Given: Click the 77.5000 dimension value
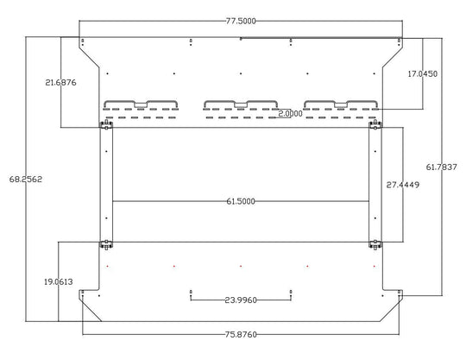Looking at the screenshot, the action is [x=241, y=21].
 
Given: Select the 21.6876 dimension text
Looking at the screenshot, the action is [x=60, y=82].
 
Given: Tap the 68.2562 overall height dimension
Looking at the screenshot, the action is [x=26, y=180].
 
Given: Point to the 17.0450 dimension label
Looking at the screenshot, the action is [x=422, y=73].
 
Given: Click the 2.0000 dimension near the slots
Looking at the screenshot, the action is [x=290, y=114].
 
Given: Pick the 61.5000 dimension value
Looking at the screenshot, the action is [x=241, y=201].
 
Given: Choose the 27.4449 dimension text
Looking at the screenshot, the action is [x=403, y=185].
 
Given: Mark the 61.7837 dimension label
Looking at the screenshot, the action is [x=442, y=167].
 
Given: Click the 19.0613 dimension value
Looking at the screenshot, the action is [x=59, y=281].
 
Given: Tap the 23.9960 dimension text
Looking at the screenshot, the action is [x=241, y=300].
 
